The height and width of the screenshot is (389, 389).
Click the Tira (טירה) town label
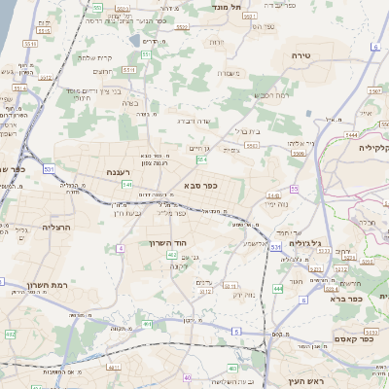pos(299,56)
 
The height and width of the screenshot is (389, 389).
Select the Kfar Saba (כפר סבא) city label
pos(199,184)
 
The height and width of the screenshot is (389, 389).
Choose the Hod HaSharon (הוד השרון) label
pos(166,242)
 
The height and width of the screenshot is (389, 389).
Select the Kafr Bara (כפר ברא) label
pos(372,299)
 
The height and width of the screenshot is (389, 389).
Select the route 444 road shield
pos(278,288)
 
